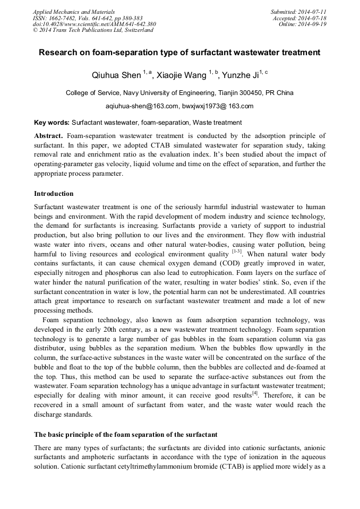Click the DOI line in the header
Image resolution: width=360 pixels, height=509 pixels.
click(95, 24)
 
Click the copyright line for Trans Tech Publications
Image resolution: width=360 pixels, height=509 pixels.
click(93, 30)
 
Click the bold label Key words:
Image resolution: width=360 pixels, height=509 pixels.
click(52, 122)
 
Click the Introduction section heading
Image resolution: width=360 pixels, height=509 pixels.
click(54, 194)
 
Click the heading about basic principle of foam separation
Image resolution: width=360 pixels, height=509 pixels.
click(125, 435)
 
